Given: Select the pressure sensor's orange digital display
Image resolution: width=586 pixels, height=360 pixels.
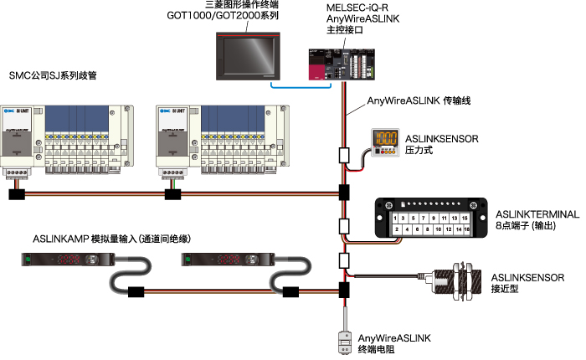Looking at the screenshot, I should pyautogui.click(x=385, y=140).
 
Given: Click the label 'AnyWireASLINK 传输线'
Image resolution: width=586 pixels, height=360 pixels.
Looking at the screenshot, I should pyautogui.click(x=419, y=101).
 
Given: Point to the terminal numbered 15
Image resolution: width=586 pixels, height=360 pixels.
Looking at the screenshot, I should pyautogui.click(x=464, y=218).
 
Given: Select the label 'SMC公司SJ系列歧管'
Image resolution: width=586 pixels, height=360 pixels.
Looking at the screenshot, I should pyautogui.click(x=53, y=75).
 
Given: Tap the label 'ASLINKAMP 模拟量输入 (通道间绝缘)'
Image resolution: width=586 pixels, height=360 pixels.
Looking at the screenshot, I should pyautogui.click(x=113, y=239).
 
